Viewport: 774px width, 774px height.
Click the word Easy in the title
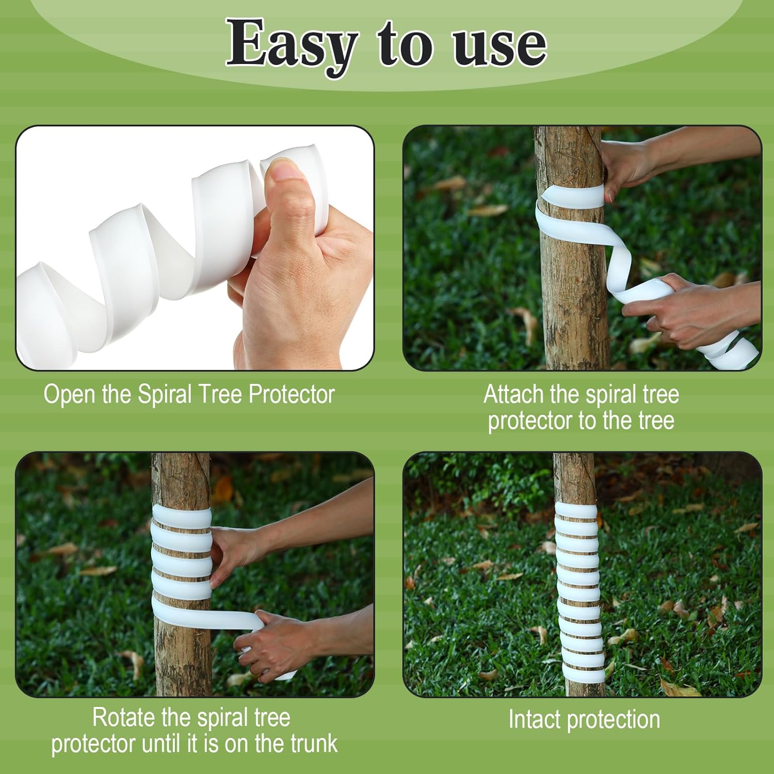pyautogui.click(x=292, y=45)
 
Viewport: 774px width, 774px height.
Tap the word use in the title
pyautogui.click(x=499, y=45)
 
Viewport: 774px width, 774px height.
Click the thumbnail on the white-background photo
pyautogui.click(x=283, y=170)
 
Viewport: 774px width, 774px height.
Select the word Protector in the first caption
pyautogui.click(x=292, y=394)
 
